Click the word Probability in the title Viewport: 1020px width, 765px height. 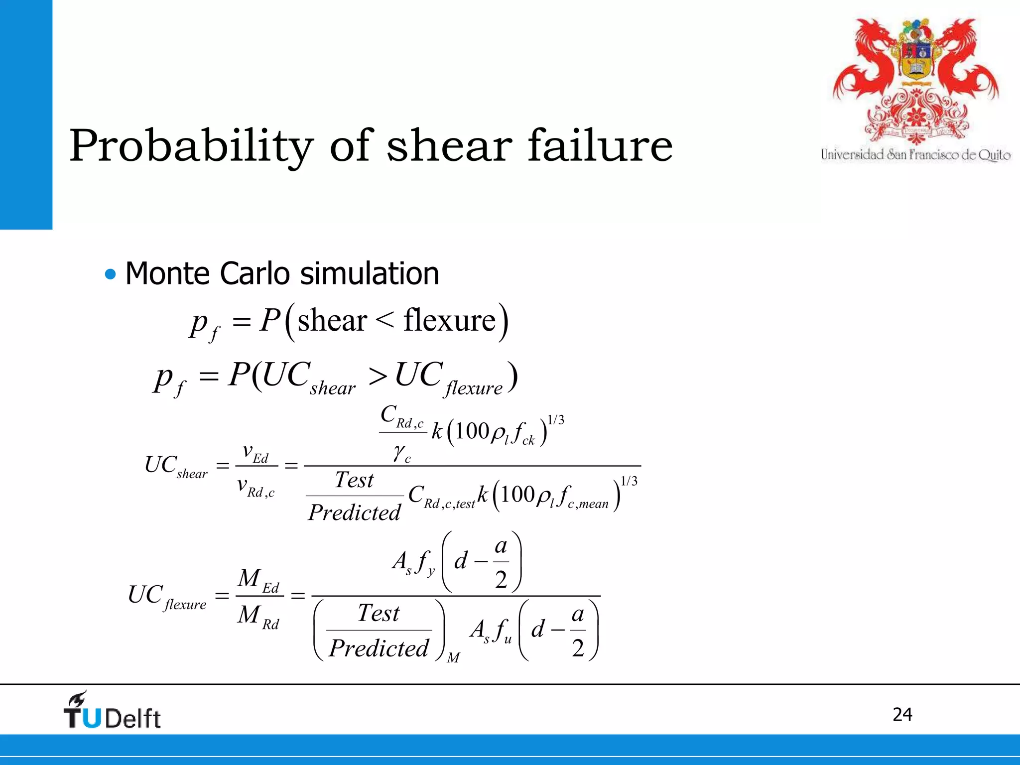191,146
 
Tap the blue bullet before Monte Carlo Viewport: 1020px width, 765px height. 110,274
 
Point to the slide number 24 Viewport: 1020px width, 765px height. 902,715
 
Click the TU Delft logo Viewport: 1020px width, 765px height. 113,711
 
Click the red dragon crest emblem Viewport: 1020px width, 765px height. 915,80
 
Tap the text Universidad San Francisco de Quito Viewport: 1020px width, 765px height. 915,155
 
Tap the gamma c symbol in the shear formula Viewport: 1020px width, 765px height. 401,454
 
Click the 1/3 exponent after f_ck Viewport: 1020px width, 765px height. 556,420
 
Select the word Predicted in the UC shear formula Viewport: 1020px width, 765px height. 354,512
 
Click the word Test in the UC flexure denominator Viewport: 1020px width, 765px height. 379,613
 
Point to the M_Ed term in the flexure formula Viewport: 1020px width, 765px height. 258,580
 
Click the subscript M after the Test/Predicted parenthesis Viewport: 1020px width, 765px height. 453,658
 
